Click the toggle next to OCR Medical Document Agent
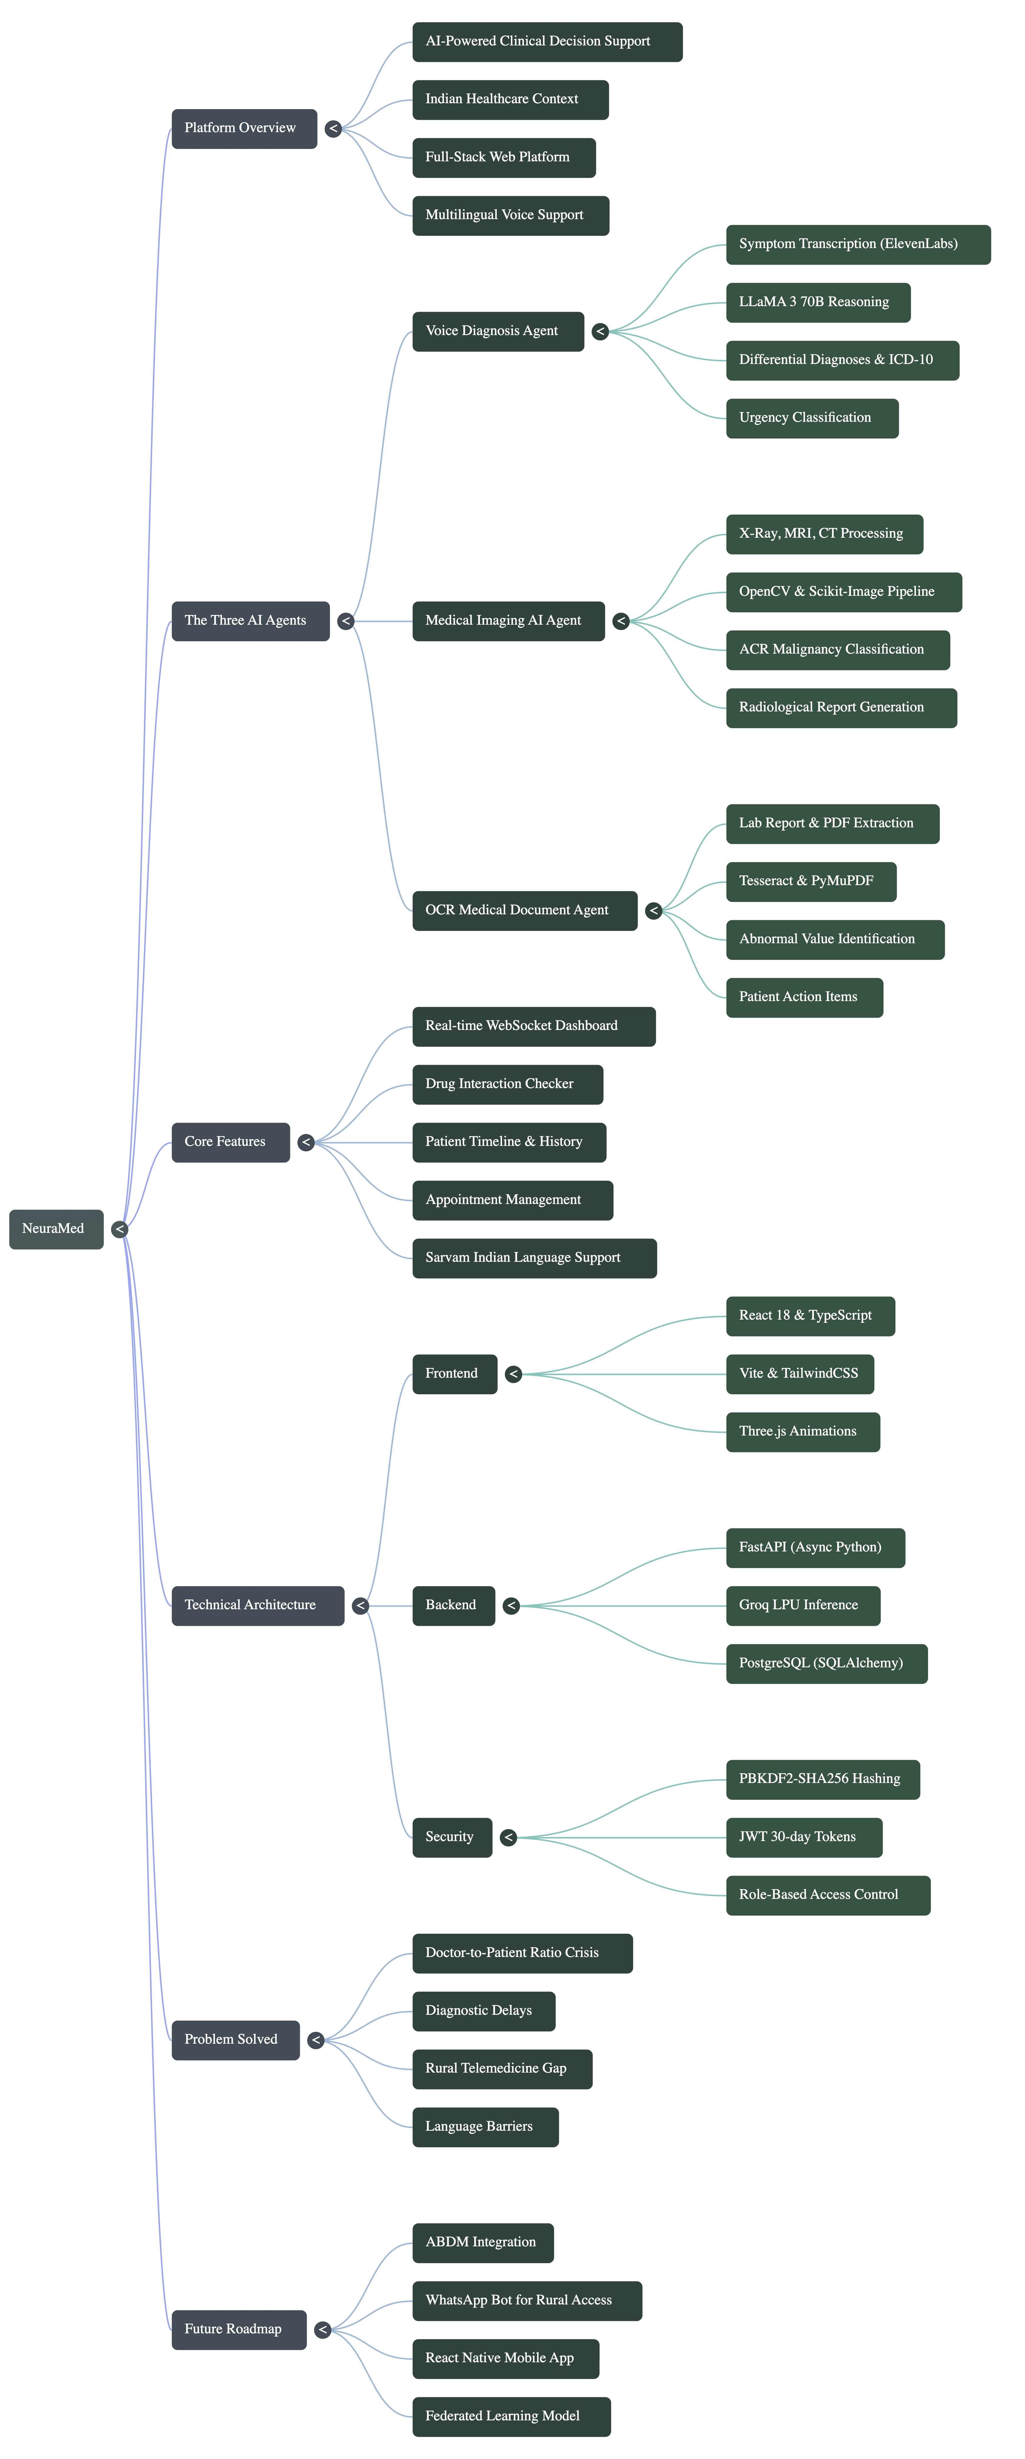pyautogui.click(x=654, y=911)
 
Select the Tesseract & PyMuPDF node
pyautogui.click(x=810, y=881)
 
